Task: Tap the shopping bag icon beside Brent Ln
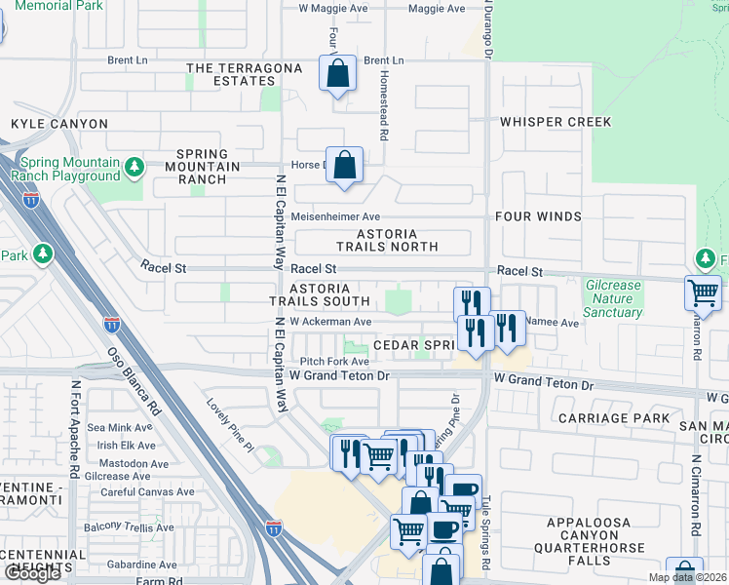click(x=336, y=73)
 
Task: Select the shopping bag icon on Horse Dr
click(x=345, y=164)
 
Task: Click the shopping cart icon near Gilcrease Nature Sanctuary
click(x=703, y=292)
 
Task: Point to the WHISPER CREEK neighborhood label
click(x=556, y=122)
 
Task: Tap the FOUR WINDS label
click(x=538, y=216)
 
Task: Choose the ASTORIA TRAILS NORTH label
click(x=387, y=240)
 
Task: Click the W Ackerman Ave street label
click(x=330, y=322)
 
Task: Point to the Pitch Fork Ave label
click(x=334, y=361)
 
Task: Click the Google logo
click(x=33, y=573)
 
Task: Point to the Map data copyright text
click(x=686, y=577)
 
